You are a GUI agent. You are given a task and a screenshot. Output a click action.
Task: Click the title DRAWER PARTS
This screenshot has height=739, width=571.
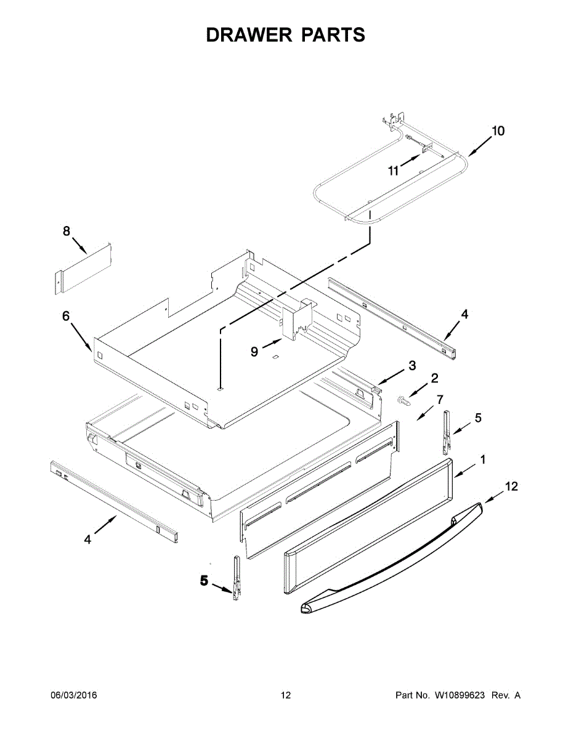point(285,35)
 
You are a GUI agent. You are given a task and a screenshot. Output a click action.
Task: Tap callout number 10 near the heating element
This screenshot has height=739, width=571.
point(498,131)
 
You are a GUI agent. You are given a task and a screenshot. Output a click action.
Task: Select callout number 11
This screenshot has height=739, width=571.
point(394,171)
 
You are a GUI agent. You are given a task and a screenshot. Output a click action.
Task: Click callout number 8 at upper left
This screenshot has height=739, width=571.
point(67,231)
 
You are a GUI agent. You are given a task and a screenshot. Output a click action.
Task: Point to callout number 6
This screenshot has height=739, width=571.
point(66,316)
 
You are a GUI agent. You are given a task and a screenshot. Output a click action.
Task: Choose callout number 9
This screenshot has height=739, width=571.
point(254,352)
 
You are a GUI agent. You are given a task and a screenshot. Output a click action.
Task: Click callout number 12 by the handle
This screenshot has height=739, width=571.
point(511,487)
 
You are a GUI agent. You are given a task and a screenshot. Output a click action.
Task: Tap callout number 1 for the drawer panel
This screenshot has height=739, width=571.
point(483,459)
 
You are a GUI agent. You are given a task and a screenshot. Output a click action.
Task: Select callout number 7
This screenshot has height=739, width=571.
point(440,400)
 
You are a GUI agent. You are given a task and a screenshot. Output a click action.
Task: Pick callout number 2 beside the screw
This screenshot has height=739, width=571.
point(434,378)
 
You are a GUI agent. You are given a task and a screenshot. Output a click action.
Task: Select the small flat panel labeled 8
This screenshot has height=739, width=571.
point(83,267)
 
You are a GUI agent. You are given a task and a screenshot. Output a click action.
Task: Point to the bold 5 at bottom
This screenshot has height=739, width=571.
point(204,581)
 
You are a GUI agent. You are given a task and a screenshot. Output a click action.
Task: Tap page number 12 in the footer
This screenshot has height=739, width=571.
point(286,695)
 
